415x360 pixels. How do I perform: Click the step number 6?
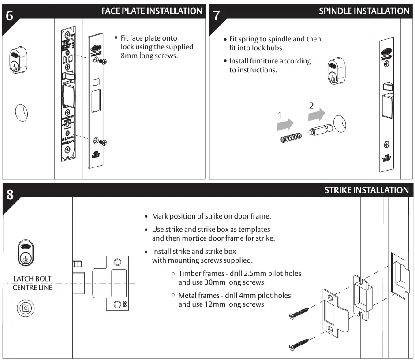tap(10, 16)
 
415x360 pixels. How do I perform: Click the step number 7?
tap(217, 16)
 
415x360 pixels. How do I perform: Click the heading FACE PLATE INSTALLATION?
tap(152, 11)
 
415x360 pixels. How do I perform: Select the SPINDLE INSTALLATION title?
tap(364, 11)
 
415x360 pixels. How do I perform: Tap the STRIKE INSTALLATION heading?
tap(366, 190)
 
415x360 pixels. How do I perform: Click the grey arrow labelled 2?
tap(316, 115)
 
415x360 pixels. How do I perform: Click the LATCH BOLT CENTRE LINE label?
tap(32, 283)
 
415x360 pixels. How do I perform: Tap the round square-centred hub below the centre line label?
tap(26, 308)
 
